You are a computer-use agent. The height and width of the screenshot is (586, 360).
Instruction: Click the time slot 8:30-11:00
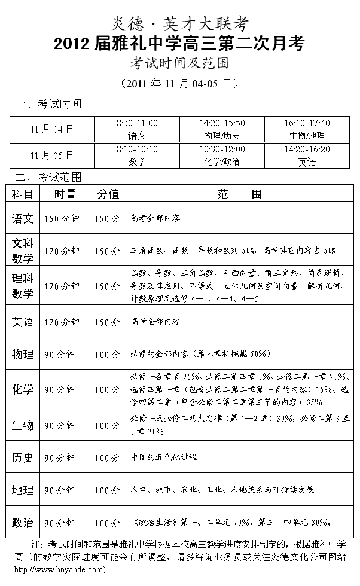pos(138,123)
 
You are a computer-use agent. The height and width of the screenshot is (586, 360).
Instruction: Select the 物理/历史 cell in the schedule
pos(221,135)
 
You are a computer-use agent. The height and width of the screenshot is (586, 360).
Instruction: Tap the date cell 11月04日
pos(52,129)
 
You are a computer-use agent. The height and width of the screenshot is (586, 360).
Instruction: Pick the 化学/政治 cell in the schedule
pos(221,161)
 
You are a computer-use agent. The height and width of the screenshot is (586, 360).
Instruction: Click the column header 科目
pos(23,194)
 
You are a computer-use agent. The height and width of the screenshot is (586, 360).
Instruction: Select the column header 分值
pos(108,194)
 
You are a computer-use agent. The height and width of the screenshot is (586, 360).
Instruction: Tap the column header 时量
pos(65,194)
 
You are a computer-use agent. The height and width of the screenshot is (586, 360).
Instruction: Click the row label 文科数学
pos(23,251)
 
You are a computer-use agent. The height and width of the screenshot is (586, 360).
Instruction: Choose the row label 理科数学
pos(23,286)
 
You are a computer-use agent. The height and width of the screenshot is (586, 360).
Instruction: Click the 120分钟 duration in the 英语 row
pos(62,322)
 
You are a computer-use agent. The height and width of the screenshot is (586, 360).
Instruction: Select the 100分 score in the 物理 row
pos(108,355)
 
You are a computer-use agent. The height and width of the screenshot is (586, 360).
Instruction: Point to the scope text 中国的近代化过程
pos(164,457)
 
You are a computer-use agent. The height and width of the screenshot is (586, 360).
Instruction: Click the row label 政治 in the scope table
pos(23,523)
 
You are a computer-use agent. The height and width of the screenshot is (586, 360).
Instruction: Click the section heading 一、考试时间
pos(48,104)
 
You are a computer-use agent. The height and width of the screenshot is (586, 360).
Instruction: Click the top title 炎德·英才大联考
pos(179,23)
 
